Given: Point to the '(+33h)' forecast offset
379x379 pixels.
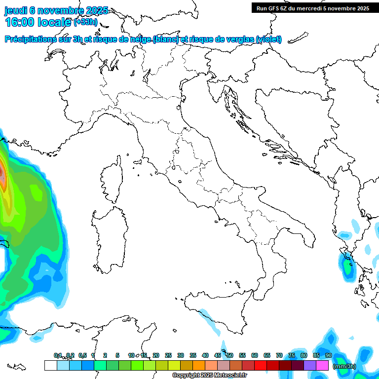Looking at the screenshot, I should (x=85, y=22).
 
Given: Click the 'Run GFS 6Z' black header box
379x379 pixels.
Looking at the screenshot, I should (x=313, y=8).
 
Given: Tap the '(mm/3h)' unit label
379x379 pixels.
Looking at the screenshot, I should (x=344, y=366).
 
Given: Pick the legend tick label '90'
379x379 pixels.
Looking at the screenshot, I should (x=329, y=355).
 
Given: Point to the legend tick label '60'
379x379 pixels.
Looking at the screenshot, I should (x=255, y=355).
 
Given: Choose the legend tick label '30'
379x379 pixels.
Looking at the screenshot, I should (x=181, y=355).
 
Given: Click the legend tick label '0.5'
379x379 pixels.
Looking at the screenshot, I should (x=82, y=355).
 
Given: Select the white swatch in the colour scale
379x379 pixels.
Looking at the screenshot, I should (x=50, y=366).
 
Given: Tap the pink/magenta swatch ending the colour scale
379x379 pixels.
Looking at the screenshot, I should (x=322, y=366).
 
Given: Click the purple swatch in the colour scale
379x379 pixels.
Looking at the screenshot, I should (x=310, y=366).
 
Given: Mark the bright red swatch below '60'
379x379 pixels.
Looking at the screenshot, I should (x=261, y=366).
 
